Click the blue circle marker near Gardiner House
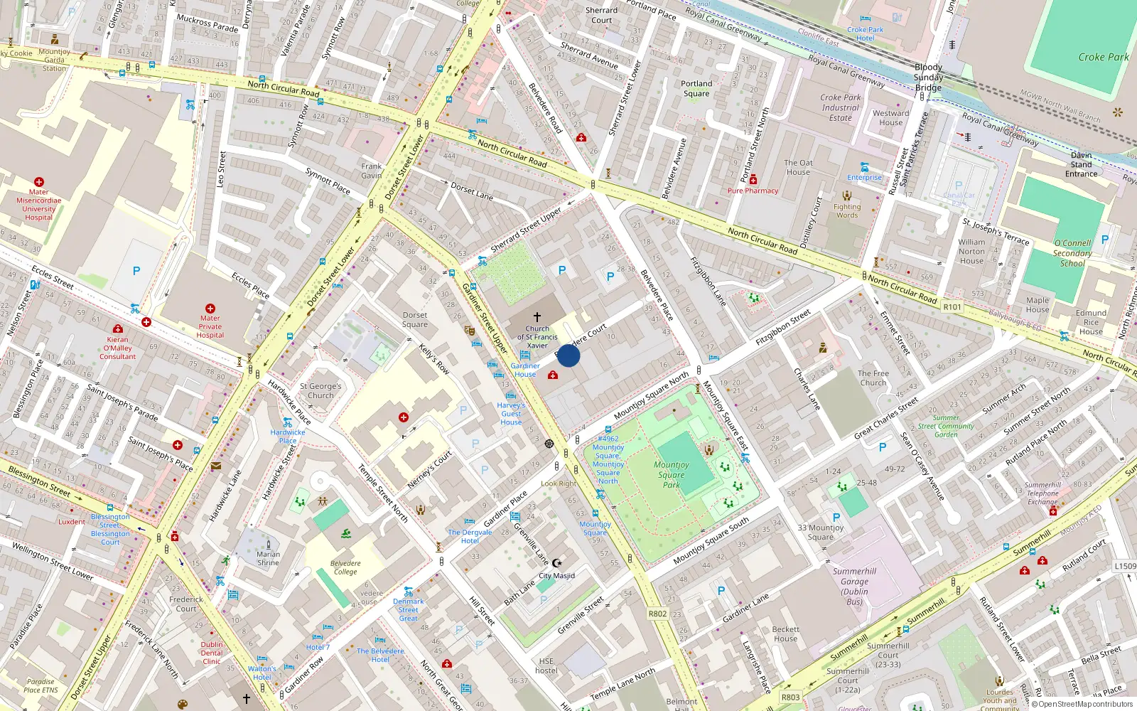click(568, 355)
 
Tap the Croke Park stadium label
click(1103, 57)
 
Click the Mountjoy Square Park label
click(671, 474)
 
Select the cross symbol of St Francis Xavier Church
click(537, 316)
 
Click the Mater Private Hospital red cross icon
click(210, 309)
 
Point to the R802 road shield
click(657, 614)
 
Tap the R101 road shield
click(952, 307)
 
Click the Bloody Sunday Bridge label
click(928, 77)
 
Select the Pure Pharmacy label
click(753, 191)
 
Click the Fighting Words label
click(846, 211)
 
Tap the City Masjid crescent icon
click(556, 563)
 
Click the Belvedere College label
click(345, 567)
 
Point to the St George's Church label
click(320, 391)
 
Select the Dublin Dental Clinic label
click(211, 653)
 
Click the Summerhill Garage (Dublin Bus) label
click(854, 587)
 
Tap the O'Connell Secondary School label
click(1072, 253)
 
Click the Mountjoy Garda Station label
click(54, 60)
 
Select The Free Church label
click(873, 378)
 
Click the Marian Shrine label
click(268, 558)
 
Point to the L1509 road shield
click(1125, 566)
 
